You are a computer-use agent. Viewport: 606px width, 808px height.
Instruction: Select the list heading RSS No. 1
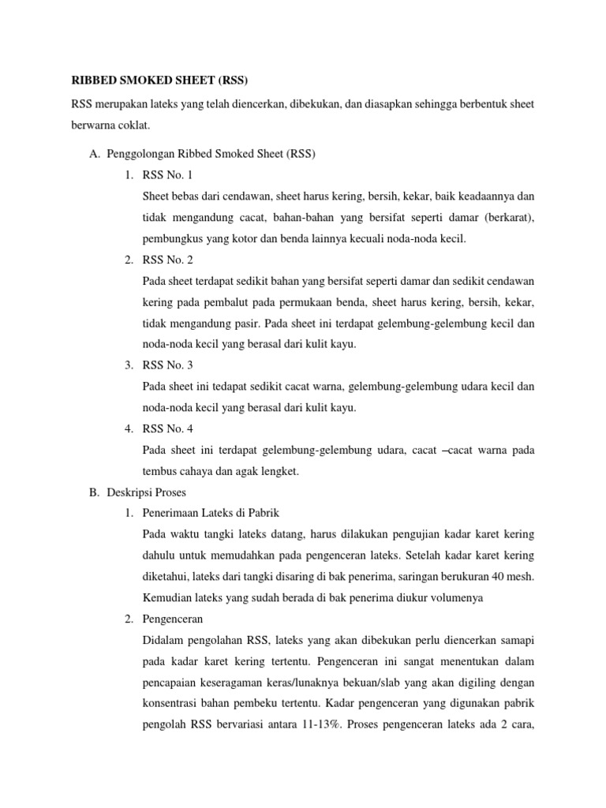[x=168, y=174]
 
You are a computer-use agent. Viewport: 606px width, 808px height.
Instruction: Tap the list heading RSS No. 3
[x=168, y=365]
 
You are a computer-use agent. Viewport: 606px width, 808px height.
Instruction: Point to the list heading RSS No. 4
[x=168, y=429]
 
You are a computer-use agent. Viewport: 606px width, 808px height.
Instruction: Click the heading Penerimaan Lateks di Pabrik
[x=211, y=514]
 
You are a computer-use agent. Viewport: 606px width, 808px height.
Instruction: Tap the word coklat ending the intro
[x=129, y=125]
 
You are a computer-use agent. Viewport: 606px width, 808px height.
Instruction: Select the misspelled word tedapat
[x=222, y=387]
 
